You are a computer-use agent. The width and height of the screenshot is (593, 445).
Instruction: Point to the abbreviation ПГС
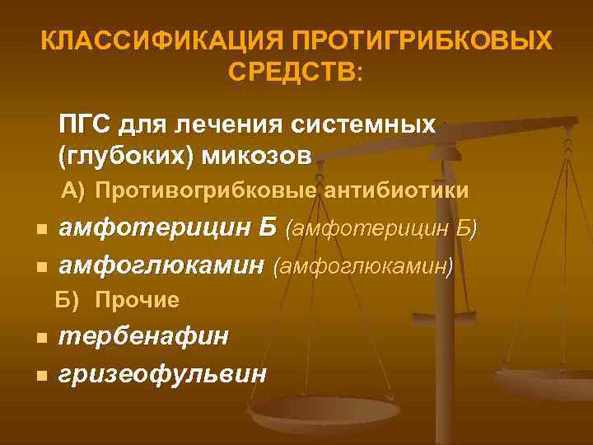pos(85,125)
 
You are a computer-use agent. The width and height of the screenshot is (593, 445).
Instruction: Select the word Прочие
pos(137,301)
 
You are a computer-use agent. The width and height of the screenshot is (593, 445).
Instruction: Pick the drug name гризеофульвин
pos(163,373)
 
